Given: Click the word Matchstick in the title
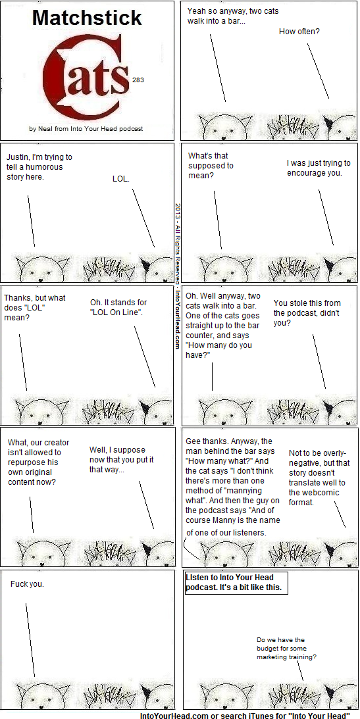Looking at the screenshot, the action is click(87, 18).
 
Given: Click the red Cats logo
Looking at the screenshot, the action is click(87, 76).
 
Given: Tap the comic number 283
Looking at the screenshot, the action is click(138, 80).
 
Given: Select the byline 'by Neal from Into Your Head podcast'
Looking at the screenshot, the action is click(86, 129).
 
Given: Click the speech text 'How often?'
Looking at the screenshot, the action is click(299, 32).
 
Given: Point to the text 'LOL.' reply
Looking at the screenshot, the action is click(121, 179).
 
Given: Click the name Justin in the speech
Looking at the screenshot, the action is click(16, 157).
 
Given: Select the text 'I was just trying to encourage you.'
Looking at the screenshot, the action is click(319, 168).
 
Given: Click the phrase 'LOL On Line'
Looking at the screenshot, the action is click(116, 312).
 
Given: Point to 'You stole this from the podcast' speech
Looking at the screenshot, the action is click(307, 312).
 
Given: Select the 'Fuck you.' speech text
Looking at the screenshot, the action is click(28, 585).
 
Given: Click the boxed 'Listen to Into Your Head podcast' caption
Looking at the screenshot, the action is click(236, 583).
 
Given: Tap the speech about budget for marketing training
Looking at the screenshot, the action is click(287, 649).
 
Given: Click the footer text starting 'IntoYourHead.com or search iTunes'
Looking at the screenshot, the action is click(245, 715).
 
